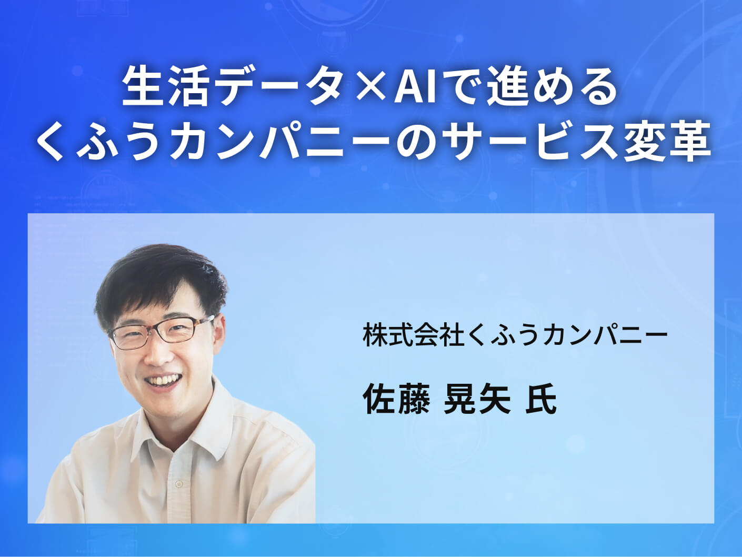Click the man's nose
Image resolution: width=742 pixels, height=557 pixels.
pyautogui.click(x=158, y=353)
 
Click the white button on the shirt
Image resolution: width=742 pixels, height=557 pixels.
pyautogui.click(x=179, y=483)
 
